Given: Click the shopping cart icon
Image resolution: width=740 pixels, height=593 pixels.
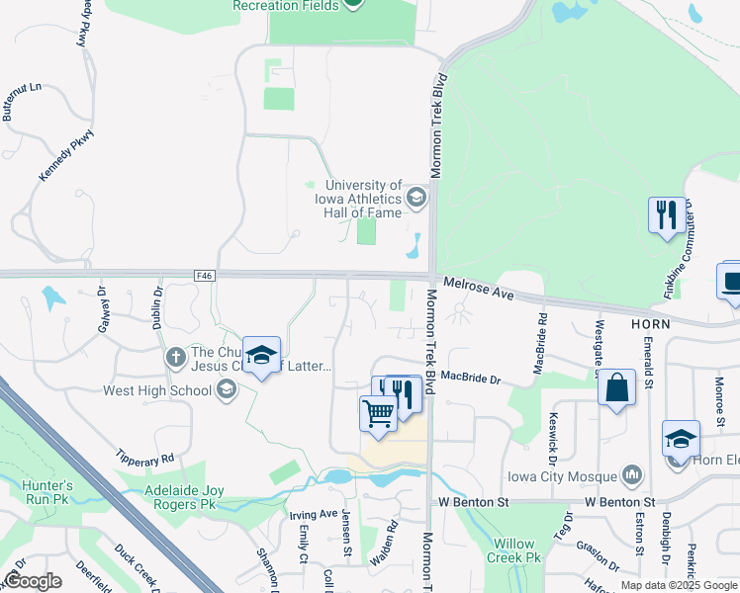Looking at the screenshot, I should point(378,413).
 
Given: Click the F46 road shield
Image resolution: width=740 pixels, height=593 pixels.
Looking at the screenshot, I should point(205,274).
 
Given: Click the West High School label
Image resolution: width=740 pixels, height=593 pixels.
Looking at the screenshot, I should point(157,390).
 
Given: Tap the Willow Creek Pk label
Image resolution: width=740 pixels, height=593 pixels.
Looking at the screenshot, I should point(513,551).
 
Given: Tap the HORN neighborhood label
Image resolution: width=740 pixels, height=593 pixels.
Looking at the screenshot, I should point(650,323).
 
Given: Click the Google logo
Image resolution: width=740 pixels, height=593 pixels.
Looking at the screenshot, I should point(32,581).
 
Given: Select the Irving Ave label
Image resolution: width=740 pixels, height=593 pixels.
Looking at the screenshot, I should point(313,514).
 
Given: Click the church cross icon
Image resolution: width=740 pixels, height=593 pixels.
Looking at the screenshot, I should point(175,356).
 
